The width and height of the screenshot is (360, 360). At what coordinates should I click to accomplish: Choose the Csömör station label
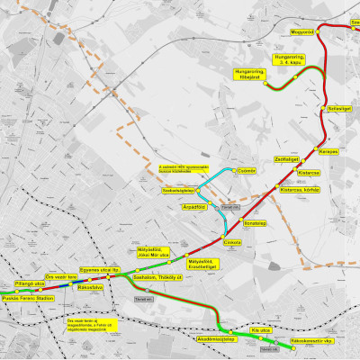[247, 169]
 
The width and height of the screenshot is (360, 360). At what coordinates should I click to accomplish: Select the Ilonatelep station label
[256, 221]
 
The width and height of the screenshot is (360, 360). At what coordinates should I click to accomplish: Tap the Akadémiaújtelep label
[217, 339]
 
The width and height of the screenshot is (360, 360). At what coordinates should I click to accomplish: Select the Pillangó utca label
[19, 283]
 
